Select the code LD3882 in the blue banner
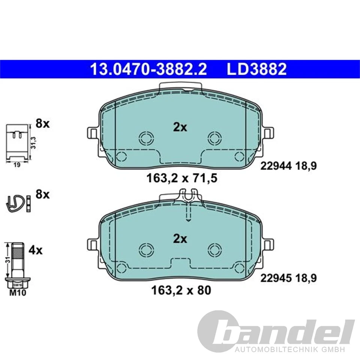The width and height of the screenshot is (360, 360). pyautogui.click(x=256, y=69)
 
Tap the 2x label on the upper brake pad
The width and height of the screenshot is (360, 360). pyautogui.click(x=180, y=127)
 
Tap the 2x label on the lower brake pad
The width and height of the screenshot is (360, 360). pyautogui.click(x=180, y=239)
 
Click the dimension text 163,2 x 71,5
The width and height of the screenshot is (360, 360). pyautogui.click(x=182, y=178)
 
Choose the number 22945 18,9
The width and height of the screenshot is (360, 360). pyautogui.click(x=289, y=278)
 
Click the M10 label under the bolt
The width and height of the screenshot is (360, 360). pyautogui.click(x=18, y=293)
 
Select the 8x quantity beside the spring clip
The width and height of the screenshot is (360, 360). pyautogui.click(x=42, y=195)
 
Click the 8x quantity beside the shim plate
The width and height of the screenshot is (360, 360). pyautogui.click(x=42, y=123)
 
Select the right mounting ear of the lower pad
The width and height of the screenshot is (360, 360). pyautogui.click(x=268, y=245)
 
